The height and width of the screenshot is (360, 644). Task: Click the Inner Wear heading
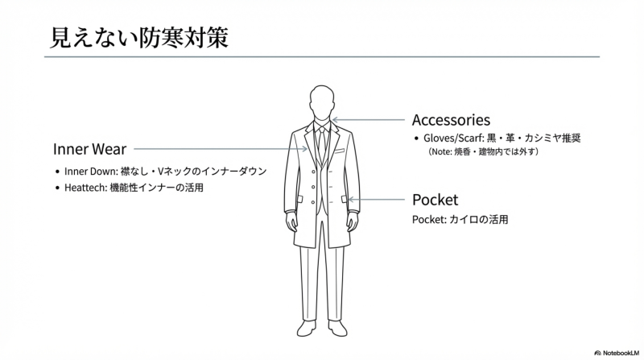(89, 149)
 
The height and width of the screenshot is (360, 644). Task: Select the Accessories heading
(451, 120)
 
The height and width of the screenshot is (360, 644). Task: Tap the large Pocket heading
(435, 199)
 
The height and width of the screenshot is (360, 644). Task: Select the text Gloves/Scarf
(454, 138)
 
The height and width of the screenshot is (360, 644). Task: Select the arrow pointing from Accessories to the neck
(370, 120)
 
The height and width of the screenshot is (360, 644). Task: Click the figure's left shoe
(339, 329)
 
